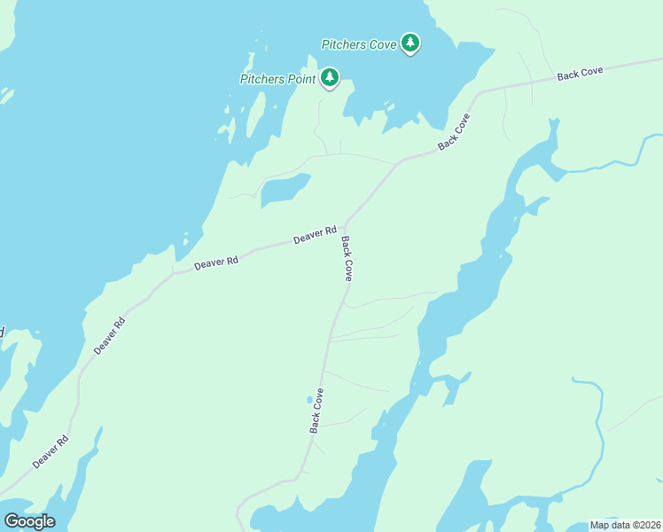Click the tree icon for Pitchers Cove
(x=409, y=43)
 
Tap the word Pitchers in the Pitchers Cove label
(x=345, y=43)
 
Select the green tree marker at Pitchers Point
(x=330, y=78)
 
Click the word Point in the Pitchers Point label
(x=301, y=79)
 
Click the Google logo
(x=29, y=521)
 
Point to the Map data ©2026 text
(x=624, y=525)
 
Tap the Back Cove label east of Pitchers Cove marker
(x=580, y=74)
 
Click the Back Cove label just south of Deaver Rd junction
(x=347, y=259)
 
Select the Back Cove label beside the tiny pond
(x=317, y=411)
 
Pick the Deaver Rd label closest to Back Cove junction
(x=315, y=235)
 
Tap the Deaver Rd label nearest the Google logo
(x=51, y=452)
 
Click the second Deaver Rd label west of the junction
(x=216, y=262)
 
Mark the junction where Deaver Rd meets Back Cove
(x=343, y=226)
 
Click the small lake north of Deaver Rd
(x=285, y=189)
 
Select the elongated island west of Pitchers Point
(x=255, y=116)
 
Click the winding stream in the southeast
(x=598, y=434)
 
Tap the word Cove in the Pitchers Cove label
(x=383, y=43)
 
